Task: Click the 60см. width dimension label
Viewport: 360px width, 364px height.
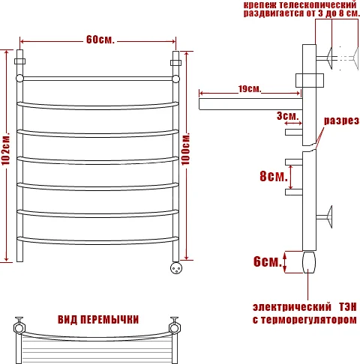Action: (x=99, y=39)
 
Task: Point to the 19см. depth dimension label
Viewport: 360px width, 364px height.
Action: (x=249, y=89)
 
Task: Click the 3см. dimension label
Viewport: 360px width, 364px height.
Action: (x=287, y=116)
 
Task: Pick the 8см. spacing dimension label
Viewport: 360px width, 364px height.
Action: (x=273, y=177)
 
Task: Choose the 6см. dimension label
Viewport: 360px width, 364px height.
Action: (x=267, y=261)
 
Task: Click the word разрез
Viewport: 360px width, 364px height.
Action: (x=341, y=121)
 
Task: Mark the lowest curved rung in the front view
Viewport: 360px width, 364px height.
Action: (x=98, y=240)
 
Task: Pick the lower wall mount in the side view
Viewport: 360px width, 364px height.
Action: (x=328, y=219)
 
